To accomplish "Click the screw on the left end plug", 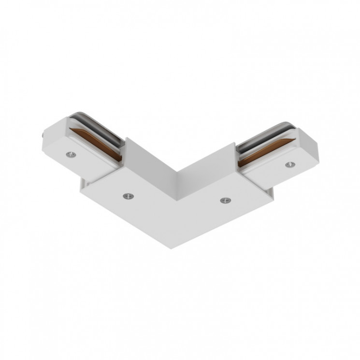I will pyautogui.click(x=72, y=154).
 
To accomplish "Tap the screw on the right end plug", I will pyautogui.click(x=289, y=165).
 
